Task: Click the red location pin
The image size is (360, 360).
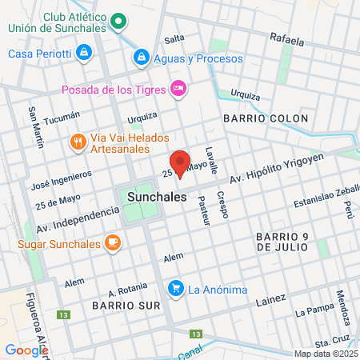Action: (181, 162)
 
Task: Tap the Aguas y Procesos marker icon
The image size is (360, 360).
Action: (141, 58)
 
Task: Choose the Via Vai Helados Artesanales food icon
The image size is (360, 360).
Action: (78, 142)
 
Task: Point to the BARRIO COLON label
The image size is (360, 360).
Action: (266, 118)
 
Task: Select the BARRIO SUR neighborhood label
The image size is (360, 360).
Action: (120, 306)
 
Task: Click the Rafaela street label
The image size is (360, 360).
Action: (287, 38)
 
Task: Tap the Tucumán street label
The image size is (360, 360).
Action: (63, 118)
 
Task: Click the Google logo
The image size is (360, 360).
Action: (26, 349)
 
